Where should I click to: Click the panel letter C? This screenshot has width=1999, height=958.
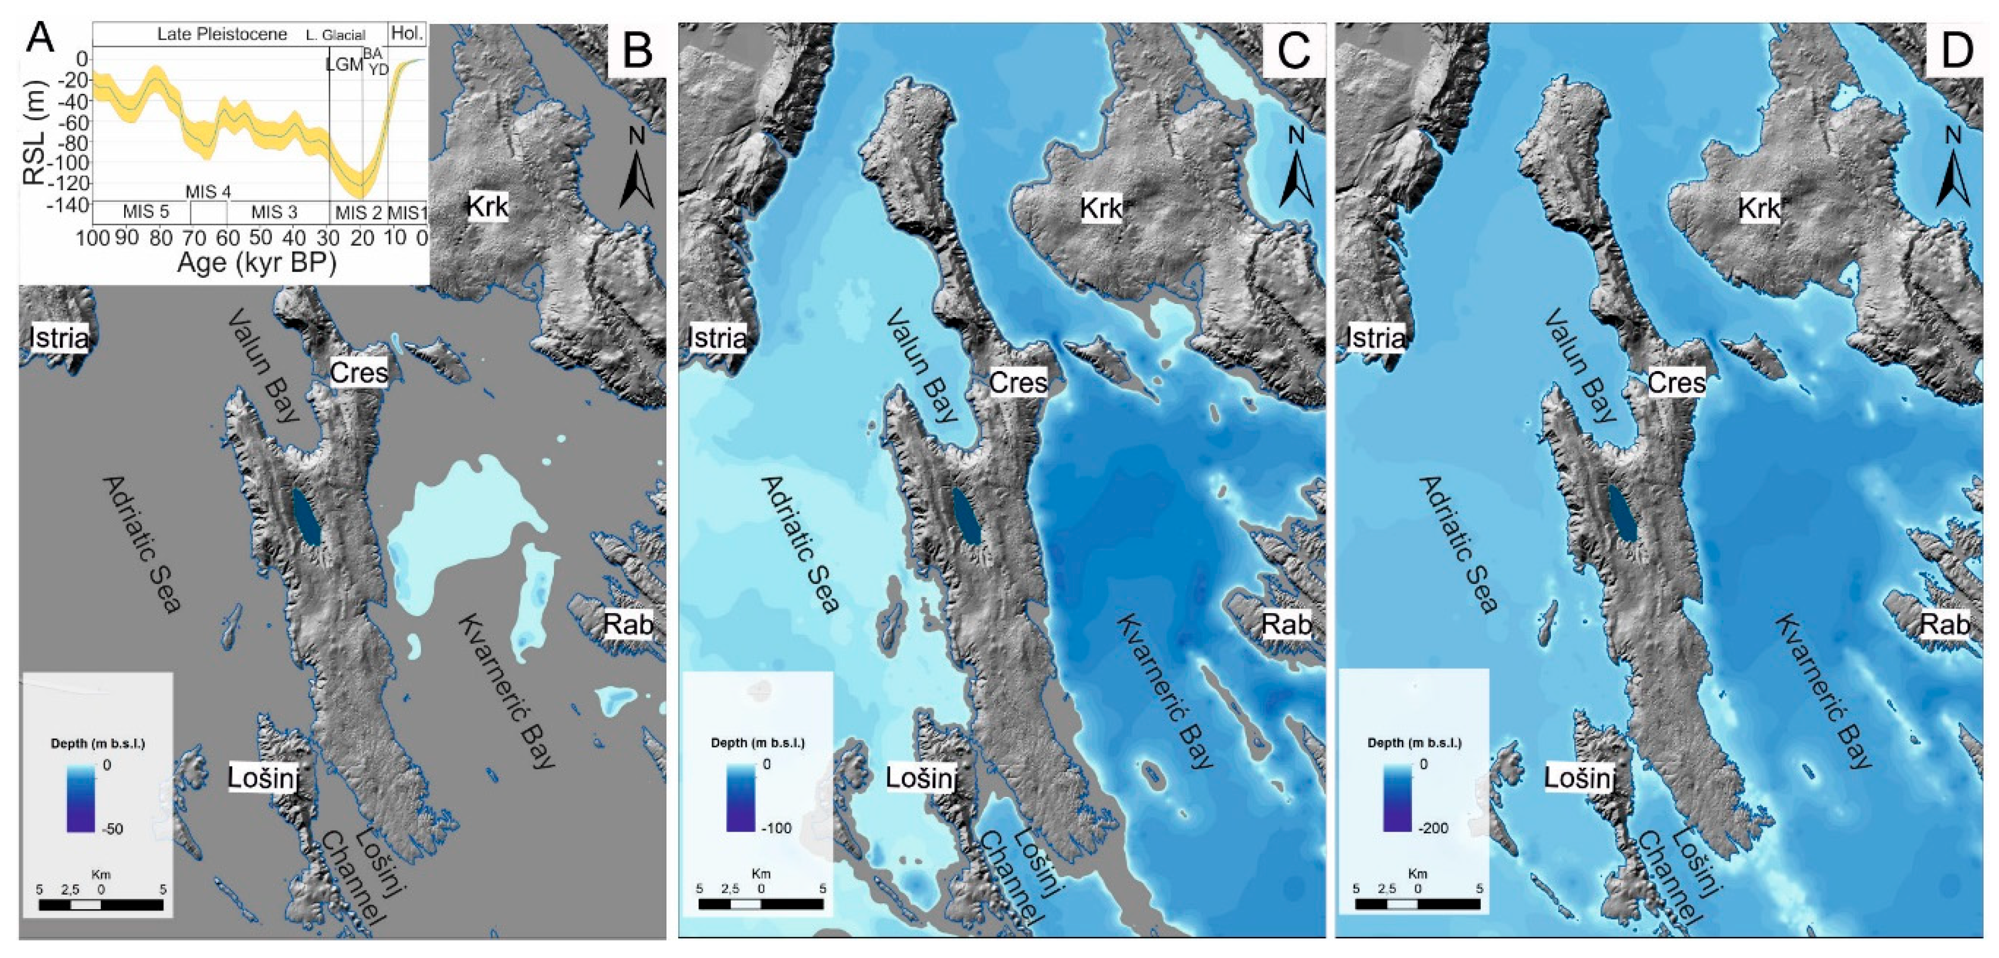click(x=1293, y=51)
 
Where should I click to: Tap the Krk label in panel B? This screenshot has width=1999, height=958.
click(x=487, y=206)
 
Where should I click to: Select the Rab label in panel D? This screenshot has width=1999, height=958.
click(x=1945, y=624)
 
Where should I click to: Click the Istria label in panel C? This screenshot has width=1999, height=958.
click(x=716, y=338)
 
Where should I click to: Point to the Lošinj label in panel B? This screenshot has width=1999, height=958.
click(x=263, y=777)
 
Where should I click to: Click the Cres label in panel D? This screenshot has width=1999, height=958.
click(x=1676, y=383)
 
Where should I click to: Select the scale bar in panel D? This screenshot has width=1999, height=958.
click(x=1417, y=904)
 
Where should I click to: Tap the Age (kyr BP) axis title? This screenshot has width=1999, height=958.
click(x=257, y=263)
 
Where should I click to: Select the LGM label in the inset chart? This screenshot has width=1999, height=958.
click(x=344, y=64)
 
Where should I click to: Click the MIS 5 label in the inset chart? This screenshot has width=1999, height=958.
click(x=146, y=212)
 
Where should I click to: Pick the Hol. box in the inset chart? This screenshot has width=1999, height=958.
click(x=407, y=34)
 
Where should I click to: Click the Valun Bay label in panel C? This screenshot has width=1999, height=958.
click(x=923, y=364)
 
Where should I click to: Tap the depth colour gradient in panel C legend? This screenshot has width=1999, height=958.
click(x=740, y=797)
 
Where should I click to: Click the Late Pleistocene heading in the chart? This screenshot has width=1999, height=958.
click(x=222, y=34)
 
